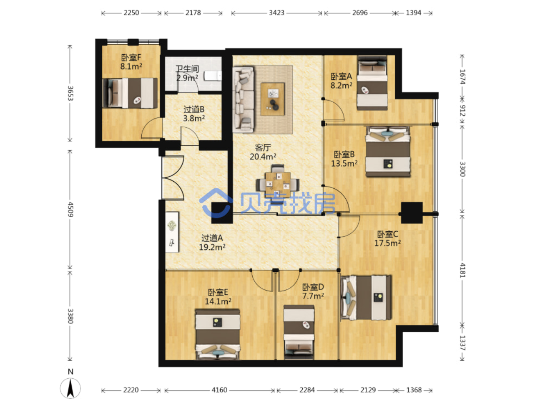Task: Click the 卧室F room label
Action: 131,58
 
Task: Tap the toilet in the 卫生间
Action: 213,76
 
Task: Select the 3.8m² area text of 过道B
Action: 194,118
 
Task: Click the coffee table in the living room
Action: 272,99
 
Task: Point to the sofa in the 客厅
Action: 243,99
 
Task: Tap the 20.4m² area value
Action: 263,157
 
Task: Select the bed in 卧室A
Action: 372,83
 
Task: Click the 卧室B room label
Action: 344,154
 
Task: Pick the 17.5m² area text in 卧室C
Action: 387,243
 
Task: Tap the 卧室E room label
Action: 218,292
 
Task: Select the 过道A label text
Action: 212,238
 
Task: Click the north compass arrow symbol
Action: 70,388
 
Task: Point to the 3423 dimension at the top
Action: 276,13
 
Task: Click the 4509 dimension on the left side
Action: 70,209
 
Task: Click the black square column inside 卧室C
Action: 412,213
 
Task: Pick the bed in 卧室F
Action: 130,93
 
